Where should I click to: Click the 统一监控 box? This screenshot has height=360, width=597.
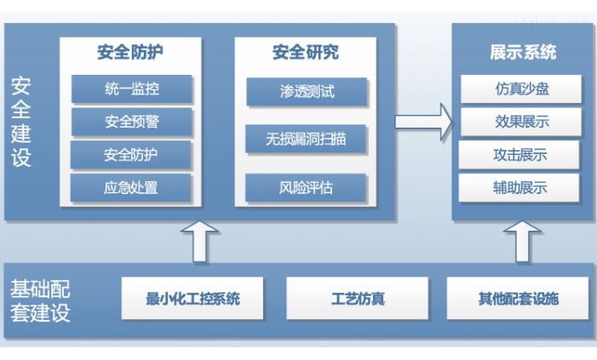(131, 89)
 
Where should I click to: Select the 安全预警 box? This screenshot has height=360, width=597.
(131, 122)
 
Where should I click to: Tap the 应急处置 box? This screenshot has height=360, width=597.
(131, 186)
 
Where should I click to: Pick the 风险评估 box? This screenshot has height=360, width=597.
(307, 186)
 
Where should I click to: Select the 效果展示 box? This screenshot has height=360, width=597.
(521, 122)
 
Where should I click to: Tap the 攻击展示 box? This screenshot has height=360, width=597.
(520, 155)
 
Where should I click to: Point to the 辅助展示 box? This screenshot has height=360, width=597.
(520, 187)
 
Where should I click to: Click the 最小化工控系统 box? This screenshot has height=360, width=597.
(192, 299)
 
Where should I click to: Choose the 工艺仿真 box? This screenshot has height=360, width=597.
(357, 299)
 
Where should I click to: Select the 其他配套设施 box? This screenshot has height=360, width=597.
(518, 299)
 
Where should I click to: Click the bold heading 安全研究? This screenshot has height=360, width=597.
(306, 53)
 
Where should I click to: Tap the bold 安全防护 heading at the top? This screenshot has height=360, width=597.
(130, 52)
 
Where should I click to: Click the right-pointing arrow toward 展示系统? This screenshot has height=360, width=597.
(423, 121)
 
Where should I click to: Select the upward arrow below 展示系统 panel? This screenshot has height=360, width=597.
(520, 241)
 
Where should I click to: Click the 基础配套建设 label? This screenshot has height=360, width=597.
(40, 300)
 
